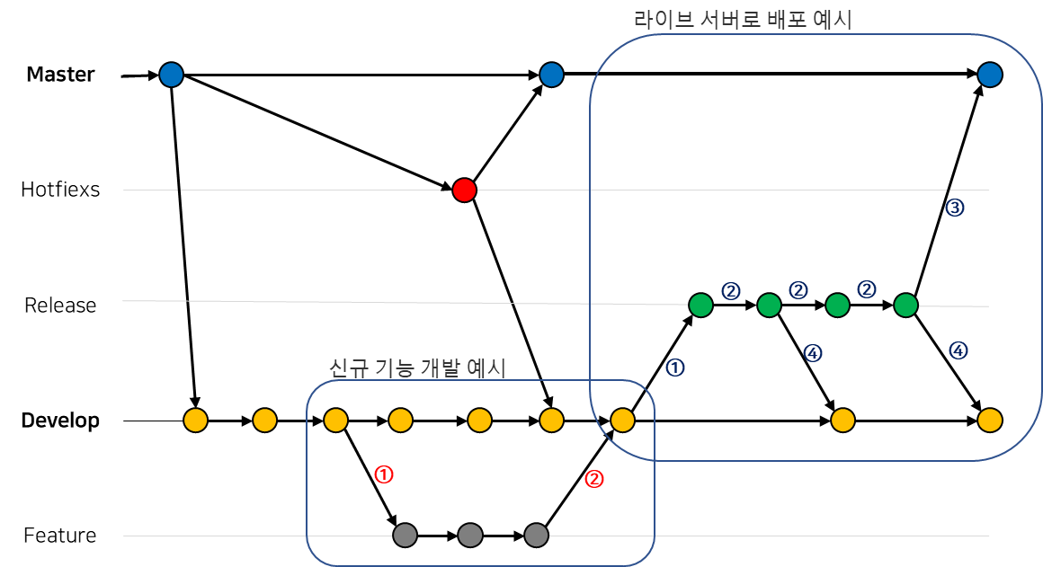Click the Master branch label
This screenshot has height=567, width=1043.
pyautogui.click(x=60, y=75)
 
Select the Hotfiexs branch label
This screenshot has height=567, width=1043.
pyautogui.click(x=60, y=190)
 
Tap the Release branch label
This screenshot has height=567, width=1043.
pyautogui.click(x=60, y=306)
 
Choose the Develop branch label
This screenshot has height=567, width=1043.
pyautogui.click(x=60, y=421)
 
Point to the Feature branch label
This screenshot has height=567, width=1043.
pyautogui.click(x=60, y=536)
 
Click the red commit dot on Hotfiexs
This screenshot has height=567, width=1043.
pyautogui.click(x=464, y=190)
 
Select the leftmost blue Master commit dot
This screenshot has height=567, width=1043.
pyautogui.click(x=171, y=75)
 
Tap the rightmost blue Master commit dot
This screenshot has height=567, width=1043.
pyautogui.click(x=989, y=75)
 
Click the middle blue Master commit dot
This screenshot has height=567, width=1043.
pyautogui.click(x=551, y=75)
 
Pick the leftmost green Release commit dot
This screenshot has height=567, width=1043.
pyautogui.click(x=700, y=306)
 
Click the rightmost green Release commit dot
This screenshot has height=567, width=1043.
pyautogui.click(x=905, y=306)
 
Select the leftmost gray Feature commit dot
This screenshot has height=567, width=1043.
pyautogui.click(x=405, y=536)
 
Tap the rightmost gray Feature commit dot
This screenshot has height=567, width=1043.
pyautogui.click(x=536, y=536)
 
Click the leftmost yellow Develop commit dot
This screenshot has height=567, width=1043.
pyautogui.click(x=195, y=420)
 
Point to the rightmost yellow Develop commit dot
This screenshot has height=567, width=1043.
pyautogui.click(x=989, y=420)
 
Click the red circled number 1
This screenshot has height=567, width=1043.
pyautogui.click(x=384, y=474)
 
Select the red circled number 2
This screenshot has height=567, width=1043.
pyautogui.click(x=593, y=479)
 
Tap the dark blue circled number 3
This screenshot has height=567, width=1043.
pyautogui.click(x=955, y=208)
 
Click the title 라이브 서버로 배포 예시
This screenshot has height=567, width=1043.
pyautogui.click(x=742, y=20)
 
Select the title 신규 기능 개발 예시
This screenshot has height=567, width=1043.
pyautogui.click(x=418, y=368)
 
